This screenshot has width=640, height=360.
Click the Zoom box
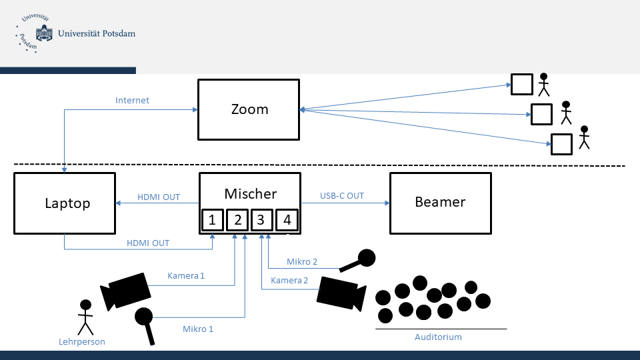[249, 109]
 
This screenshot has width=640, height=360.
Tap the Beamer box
[440, 203]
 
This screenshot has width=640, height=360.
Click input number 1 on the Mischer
[212, 220]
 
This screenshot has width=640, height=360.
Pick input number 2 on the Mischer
[237, 220]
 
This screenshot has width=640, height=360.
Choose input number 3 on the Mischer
[262, 220]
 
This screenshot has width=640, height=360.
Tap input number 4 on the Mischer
[287, 220]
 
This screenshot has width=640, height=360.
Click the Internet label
[132, 101]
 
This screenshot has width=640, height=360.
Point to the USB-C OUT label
[342, 196]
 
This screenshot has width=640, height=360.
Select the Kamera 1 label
[186, 275]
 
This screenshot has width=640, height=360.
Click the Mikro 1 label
[198, 329]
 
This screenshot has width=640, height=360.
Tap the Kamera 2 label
[289, 281]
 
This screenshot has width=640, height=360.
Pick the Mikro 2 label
[302, 262]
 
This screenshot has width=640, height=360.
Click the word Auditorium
[438, 337]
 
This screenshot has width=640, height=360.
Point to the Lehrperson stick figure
[85, 317]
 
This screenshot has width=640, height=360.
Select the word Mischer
[250, 194]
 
